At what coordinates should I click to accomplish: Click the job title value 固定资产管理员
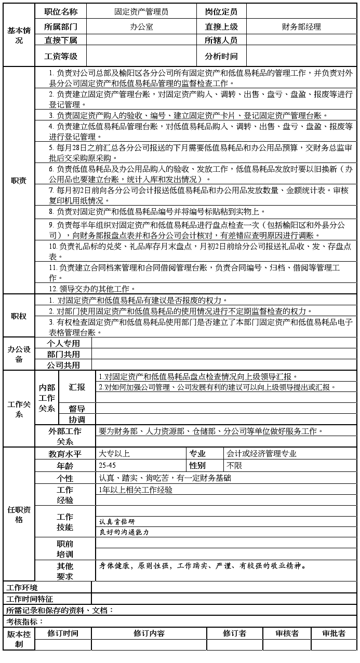click(x=141, y=11)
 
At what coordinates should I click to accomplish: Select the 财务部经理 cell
click(x=301, y=26)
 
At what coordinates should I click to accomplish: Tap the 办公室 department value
click(x=141, y=26)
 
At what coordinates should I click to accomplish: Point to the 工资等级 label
click(x=61, y=56)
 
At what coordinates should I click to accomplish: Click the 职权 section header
click(x=19, y=316)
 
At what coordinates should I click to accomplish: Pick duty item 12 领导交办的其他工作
click(x=92, y=289)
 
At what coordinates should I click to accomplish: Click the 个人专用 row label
click(x=63, y=343)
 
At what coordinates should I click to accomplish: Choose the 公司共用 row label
click(x=63, y=365)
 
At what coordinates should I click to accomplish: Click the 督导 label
click(x=77, y=409)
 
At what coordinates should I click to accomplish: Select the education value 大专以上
click(x=114, y=453)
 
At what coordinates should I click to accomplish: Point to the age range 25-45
click(x=108, y=466)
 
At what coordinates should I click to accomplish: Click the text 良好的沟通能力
click(x=124, y=532)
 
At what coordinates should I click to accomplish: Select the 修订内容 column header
click(x=149, y=633)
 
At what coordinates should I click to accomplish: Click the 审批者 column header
click(x=334, y=633)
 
